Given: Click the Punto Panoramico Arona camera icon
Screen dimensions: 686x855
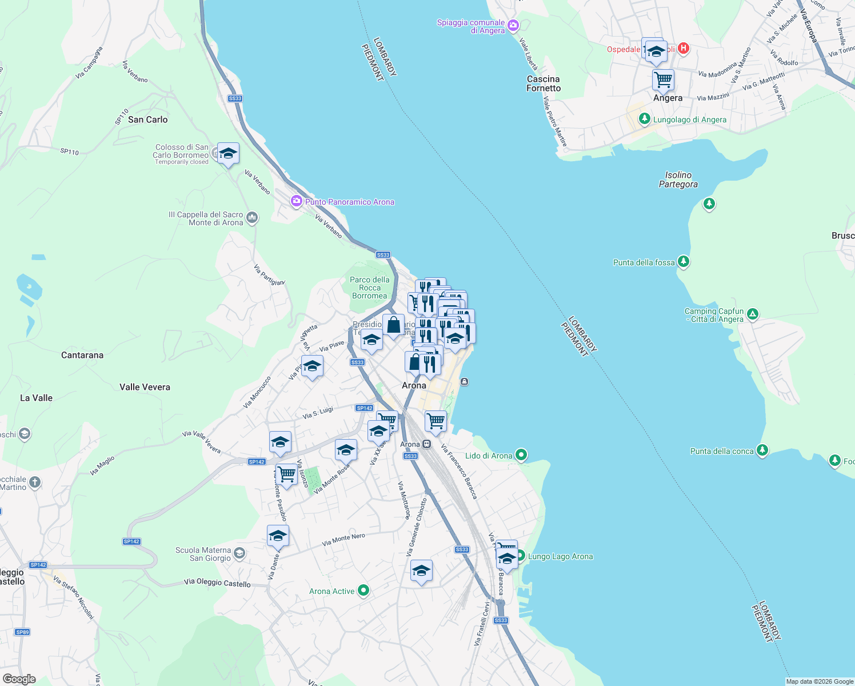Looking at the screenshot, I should [296, 201].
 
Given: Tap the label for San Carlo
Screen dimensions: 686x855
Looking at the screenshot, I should [147, 119].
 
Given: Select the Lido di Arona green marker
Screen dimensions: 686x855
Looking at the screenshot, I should [521, 455].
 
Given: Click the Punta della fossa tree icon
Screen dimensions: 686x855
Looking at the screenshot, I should [683, 262].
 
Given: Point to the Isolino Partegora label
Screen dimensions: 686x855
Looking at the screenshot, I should [678, 180].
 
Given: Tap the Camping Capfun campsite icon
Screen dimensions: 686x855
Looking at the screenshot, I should [753, 314].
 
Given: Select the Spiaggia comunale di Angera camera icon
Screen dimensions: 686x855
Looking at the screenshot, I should [513, 25].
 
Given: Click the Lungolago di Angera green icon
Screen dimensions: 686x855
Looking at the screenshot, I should [645, 119].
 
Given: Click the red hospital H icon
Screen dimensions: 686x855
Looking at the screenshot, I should [683, 49].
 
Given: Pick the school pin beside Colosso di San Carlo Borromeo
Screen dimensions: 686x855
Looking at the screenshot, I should [228, 153].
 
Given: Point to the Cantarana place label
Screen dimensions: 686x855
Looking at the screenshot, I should [82, 355].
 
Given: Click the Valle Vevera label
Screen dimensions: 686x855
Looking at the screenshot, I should [145, 387].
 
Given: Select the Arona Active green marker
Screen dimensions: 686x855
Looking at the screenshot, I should [363, 591].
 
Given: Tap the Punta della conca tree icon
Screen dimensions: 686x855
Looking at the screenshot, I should [762, 450].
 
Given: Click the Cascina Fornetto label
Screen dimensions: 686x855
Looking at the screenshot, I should [544, 83].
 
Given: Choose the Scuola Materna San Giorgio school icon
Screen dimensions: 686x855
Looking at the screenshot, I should [239, 553].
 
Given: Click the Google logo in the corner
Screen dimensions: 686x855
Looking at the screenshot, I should [19, 679].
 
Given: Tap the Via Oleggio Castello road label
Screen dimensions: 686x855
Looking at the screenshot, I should [217, 583].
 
